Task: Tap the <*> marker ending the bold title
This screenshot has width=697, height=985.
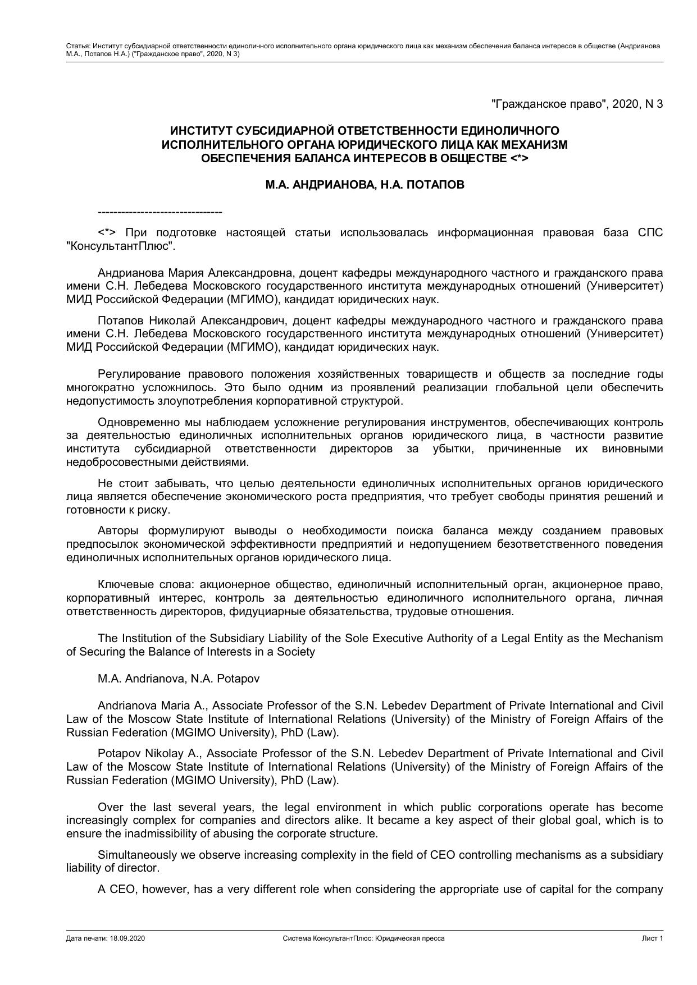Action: coord(520,158)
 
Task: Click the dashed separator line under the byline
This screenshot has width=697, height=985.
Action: coord(160,212)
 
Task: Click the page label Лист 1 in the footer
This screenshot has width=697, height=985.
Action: coord(653,938)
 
